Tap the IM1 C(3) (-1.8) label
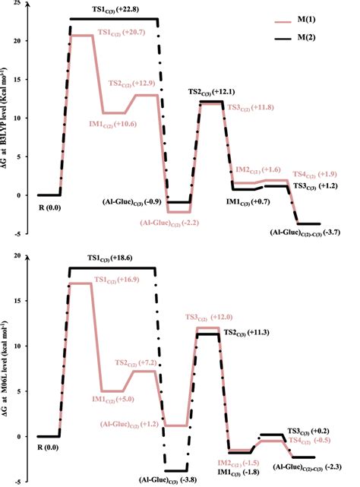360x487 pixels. click(237, 472)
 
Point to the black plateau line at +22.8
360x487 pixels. click(114, 18)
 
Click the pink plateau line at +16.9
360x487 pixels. click(81, 283)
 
